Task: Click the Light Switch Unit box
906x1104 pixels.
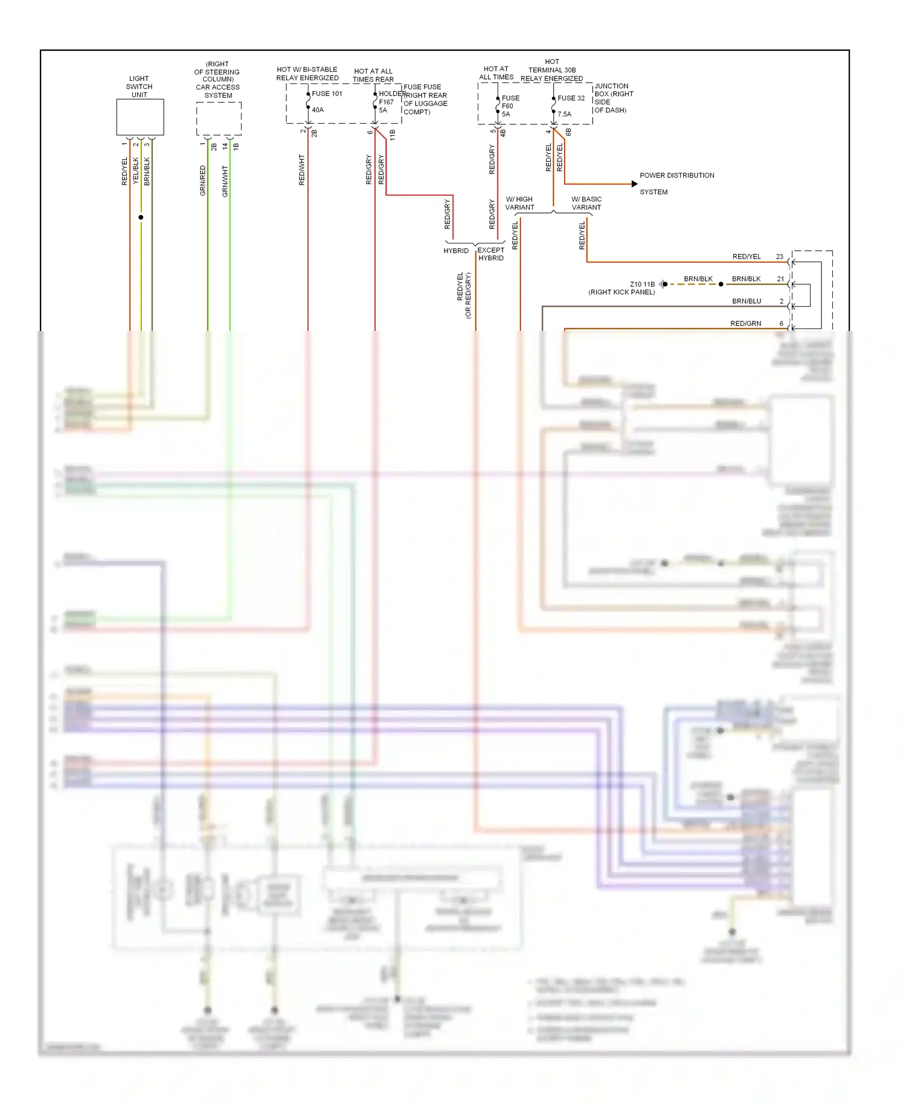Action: point(140,117)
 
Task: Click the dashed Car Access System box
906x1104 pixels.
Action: point(219,118)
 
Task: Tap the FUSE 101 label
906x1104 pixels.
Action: point(327,94)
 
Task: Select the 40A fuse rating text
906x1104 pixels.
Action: point(318,110)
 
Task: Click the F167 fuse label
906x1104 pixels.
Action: point(386,102)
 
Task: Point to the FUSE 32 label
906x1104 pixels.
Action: point(571,98)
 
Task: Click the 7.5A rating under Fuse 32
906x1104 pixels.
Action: point(564,114)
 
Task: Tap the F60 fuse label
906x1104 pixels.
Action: point(507,106)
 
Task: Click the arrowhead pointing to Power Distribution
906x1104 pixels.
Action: point(634,184)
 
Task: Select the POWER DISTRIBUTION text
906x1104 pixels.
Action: point(676,175)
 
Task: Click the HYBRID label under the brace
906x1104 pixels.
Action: point(456,251)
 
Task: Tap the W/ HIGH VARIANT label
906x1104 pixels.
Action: point(519,203)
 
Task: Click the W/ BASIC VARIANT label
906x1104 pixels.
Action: point(586,203)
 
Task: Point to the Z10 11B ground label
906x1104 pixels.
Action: point(642,284)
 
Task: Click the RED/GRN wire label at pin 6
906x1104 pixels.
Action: point(745,323)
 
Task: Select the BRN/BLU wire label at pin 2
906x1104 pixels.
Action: point(746,301)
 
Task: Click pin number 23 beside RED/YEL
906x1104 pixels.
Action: point(779,257)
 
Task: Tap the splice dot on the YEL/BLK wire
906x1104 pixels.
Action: point(141,217)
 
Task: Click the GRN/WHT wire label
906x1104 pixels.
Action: point(225,181)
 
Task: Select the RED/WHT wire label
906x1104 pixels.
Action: point(302,170)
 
